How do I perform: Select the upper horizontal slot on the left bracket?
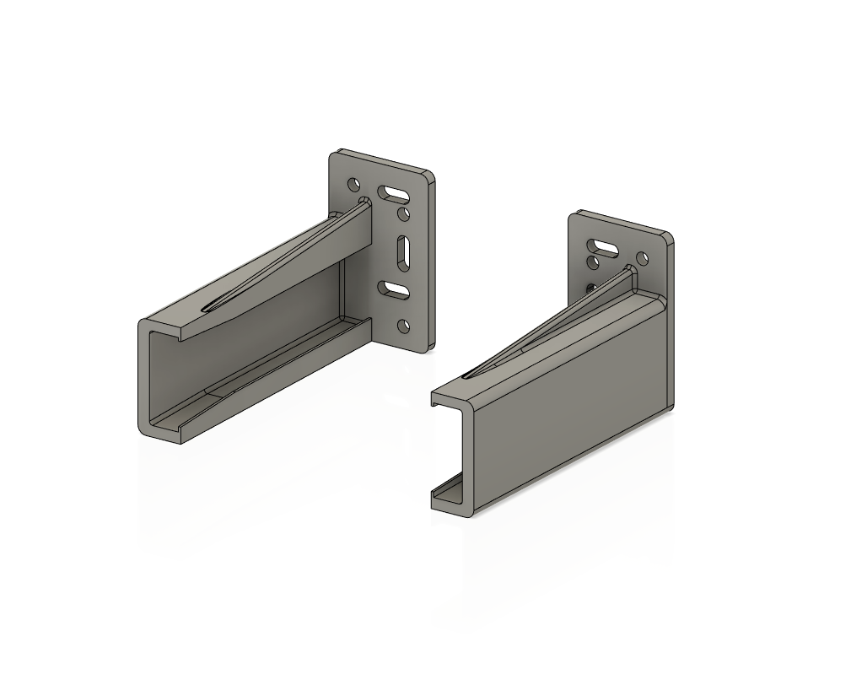click(x=392, y=193)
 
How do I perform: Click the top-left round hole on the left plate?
click(x=353, y=182)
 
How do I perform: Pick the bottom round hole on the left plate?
click(x=404, y=325)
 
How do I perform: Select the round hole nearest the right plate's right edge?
click(x=642, y=257)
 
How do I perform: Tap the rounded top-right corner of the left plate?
click(x=430, y=176)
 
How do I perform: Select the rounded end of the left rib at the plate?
click(x=365, y=202)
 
